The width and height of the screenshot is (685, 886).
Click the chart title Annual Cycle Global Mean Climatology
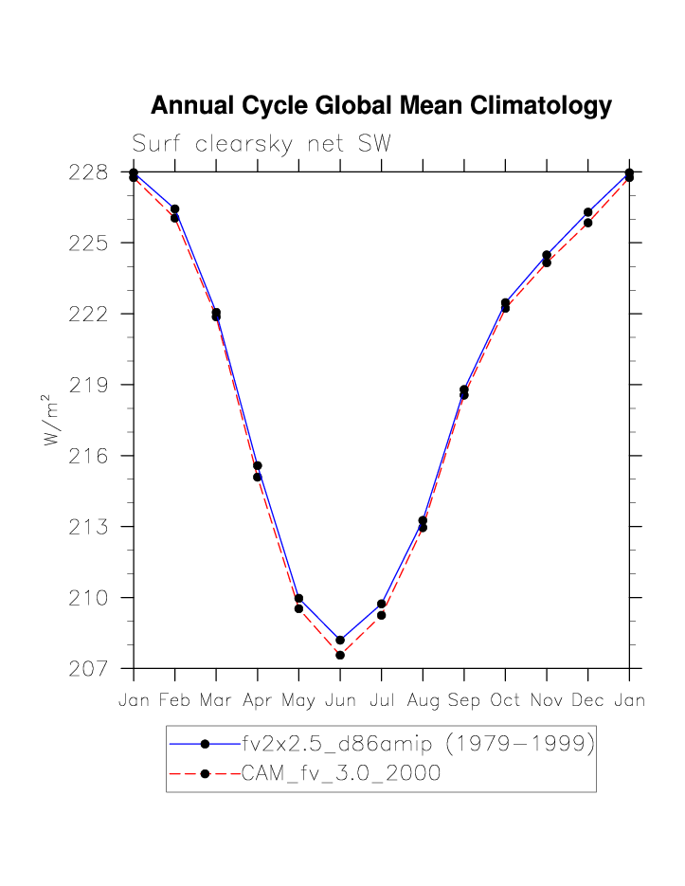pyautogui.click(x=381, y=105)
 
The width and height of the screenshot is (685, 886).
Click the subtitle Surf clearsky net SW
pyautogui.click(x=261, y=144)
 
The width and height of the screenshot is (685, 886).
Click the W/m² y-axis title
pyautogui.click(x=53, y=421)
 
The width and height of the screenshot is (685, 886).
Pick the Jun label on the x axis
pyautogui.click(x=340, y=701)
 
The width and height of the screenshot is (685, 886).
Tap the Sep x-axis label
pyautogui.click(x=463, y=701)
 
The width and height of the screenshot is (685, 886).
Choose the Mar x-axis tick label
pyautogui.click(x=216, y=701)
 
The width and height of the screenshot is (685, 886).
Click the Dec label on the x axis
pyautogui.click(x=587, y=701)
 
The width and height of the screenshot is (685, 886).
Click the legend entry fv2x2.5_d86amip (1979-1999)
pyautogui.click(x=417, y=745)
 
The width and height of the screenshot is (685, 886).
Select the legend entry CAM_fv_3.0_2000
pyautogui.click(x=341, y=773)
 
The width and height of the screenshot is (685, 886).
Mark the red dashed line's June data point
pyautogui.click(x=340, y=655)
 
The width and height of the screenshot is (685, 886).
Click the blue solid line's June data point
pyautogui.click(x=340, y=640)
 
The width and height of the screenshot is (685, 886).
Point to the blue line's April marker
pyautogui.click(x=258, y=465)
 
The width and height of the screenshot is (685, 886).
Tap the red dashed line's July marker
pyautogui.click(x=381, y=615)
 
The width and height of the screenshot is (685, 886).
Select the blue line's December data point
pyautogui.click(x=587, y=212)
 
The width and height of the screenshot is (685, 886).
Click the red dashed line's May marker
pyautogui.click(x=298, y=608)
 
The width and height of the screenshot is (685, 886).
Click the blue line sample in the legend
pyautogui.click(x=204, y=745)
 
